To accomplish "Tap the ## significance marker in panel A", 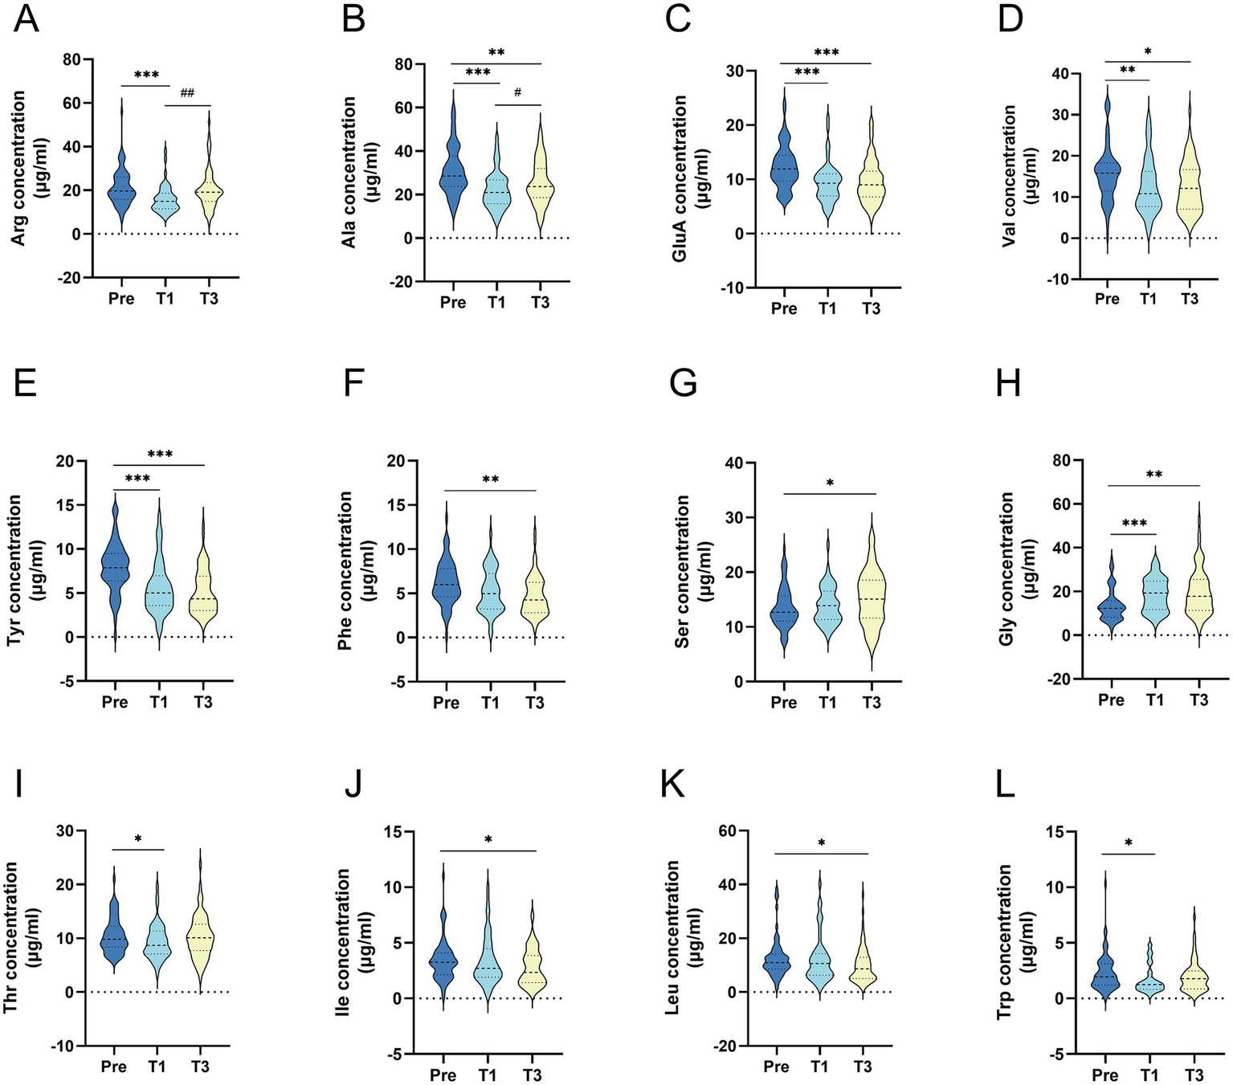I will pos(187,93).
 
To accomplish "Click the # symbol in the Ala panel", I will pos(517,92).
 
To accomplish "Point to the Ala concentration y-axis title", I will pos(357,172).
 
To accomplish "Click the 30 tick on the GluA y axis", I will pos(733,71).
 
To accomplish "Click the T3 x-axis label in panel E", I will pos(202,702).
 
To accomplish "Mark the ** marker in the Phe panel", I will pos(491,480).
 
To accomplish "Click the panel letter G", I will pos(684,384).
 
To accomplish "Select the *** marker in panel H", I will pos(1133,524).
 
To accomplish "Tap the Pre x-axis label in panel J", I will pos(443,1075).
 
